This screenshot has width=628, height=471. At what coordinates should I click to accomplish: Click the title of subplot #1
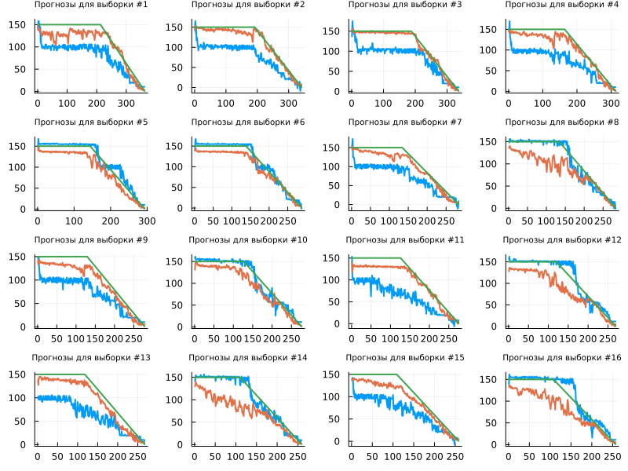pos(91,5)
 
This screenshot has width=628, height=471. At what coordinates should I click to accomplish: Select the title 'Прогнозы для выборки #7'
pos(405,122)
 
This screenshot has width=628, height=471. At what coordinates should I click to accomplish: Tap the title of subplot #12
pos(562,240)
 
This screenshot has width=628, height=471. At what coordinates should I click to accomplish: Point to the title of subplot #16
pos(562,358)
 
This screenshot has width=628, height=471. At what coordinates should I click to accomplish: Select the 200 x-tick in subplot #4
pos(577,103)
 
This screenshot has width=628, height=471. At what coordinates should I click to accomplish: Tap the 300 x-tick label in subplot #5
pos(147,221)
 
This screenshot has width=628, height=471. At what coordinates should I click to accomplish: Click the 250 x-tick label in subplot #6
pos(290,221)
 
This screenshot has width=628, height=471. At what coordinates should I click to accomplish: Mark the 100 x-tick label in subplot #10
pos(232,338)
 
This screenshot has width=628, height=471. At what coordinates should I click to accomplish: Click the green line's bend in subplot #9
pos(87,257)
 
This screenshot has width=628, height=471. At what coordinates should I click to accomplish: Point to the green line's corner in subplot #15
pos(396,374)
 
